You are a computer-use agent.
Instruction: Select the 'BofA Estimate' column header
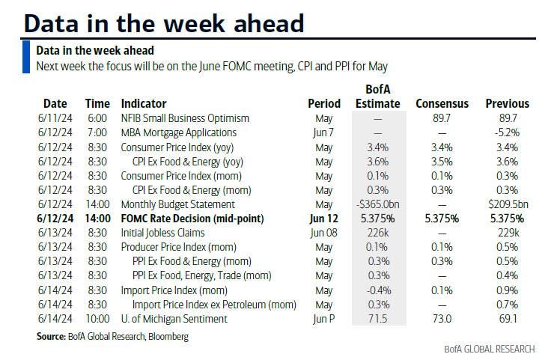click(377, 97)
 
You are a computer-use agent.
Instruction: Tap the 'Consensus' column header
click(442, 104)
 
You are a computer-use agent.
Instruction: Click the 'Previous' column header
click(507, 104)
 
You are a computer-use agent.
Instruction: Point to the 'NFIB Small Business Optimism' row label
click(185, 118)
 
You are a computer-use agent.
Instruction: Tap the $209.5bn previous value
click(508, 205)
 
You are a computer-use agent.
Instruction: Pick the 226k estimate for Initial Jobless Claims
click(378, 233)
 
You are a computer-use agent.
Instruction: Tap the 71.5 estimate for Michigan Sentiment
click(378, 320)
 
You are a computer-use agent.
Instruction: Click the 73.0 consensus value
click(442, 320)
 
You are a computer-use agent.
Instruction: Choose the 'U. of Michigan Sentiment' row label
click(174, 320)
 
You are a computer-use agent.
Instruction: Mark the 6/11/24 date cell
click(54, 118)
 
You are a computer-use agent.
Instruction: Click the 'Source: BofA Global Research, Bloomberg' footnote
click(112, 337)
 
